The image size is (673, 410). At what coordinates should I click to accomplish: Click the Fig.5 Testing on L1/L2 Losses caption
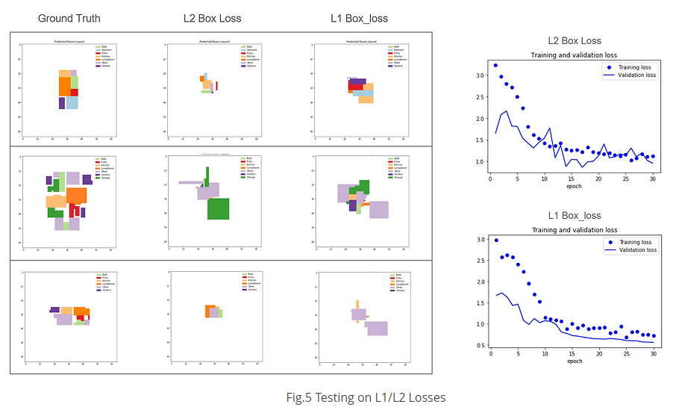coord(366,397)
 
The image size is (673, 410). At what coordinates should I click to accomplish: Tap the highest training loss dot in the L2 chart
coord(495,66)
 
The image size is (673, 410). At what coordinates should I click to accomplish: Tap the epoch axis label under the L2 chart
coord(574,186)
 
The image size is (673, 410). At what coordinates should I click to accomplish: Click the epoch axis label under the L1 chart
coord(574,361)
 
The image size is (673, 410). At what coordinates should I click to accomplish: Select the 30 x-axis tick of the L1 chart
coord(654,354)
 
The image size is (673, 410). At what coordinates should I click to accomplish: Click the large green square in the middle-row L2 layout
coord(218,208)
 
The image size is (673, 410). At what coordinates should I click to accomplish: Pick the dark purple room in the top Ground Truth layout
coord(63,103)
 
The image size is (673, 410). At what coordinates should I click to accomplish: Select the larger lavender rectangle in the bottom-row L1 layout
coord(377,328)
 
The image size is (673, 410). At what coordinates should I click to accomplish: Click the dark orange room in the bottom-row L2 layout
coord(210,311)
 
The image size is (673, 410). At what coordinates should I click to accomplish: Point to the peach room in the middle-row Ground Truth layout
coord(56,201)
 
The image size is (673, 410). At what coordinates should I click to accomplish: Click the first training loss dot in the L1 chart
coord(495,240)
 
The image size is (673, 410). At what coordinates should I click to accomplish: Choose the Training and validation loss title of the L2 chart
coord(574,55)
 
